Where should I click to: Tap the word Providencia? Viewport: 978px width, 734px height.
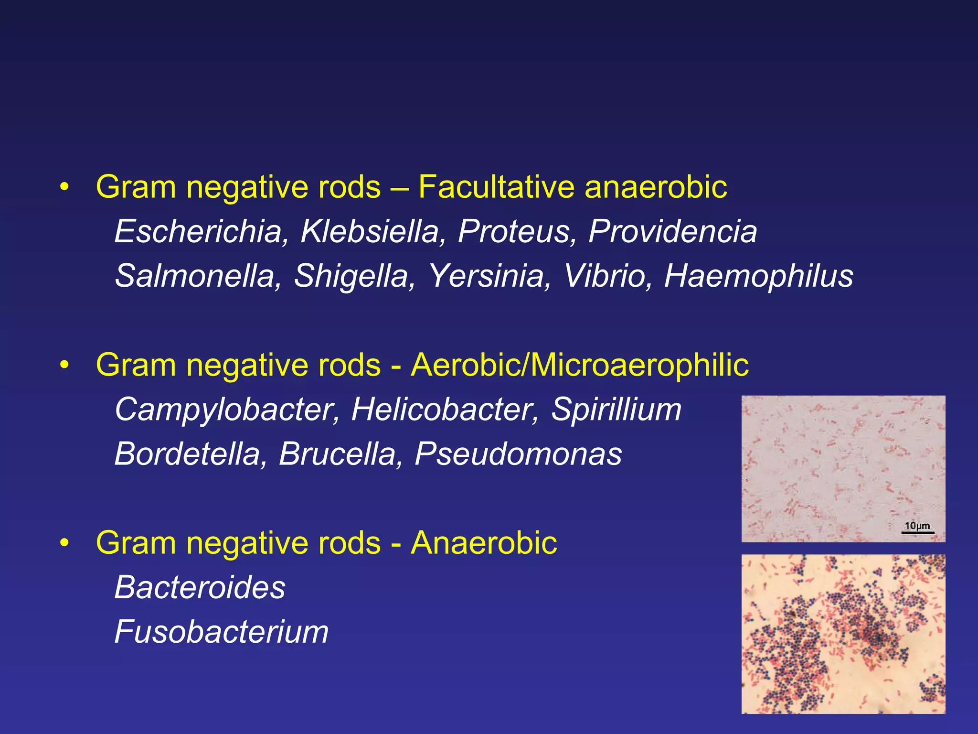click(672, 232)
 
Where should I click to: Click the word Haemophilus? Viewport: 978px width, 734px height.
click(758, 276)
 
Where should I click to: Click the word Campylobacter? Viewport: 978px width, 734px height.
click(227, 410)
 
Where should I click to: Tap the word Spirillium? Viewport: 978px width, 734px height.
click(616, 410)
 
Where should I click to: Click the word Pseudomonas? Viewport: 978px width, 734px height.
click(518, 454)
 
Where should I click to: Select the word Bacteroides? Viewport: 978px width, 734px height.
click(200, 587)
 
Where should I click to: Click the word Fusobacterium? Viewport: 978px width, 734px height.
click(222, 632)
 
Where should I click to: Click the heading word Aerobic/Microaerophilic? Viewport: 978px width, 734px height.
click(580, 365)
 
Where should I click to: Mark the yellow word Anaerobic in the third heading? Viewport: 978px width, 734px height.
click(484, 543)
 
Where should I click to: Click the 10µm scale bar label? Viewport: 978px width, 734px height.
click(917, 526)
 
